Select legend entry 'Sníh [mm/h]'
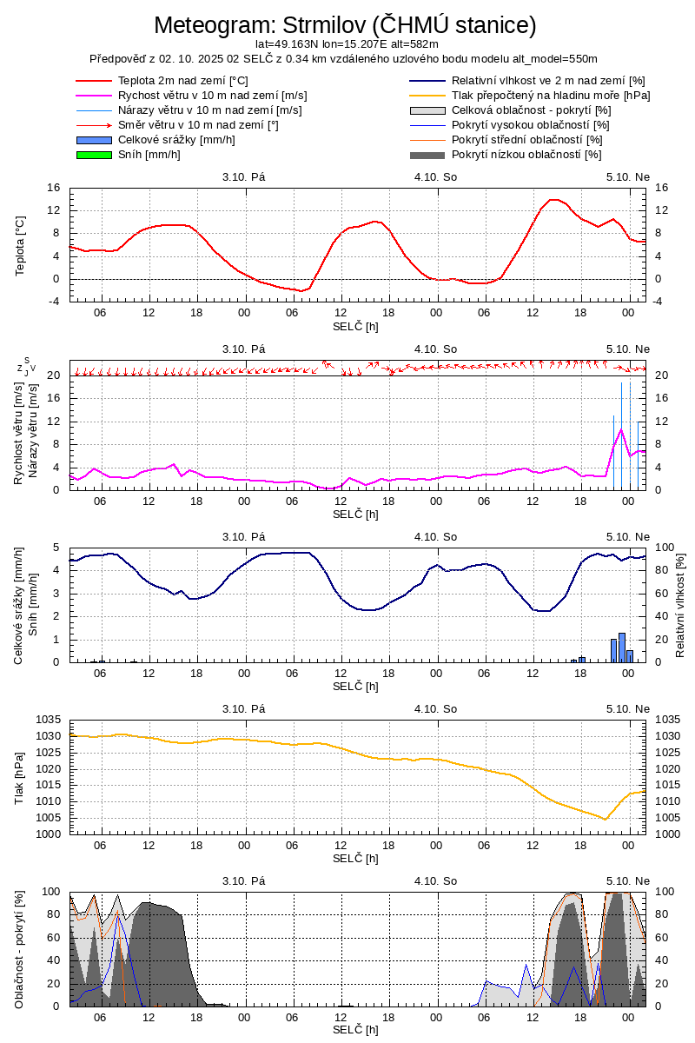[149, 155]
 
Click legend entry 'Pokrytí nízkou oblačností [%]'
[526, 155]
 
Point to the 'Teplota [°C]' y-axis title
[21, 245]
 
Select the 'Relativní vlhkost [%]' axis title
[680, 605]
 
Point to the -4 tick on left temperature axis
[54, 302]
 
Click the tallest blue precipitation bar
[622, 647]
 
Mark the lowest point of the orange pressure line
[606, 819]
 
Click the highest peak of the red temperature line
[553, 200]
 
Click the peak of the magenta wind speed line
[621, 429]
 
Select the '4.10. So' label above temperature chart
[436, 177]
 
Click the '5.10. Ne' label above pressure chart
[628, 709]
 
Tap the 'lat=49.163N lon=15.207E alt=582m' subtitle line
[347, 43]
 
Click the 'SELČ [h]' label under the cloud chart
[356, 1030]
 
